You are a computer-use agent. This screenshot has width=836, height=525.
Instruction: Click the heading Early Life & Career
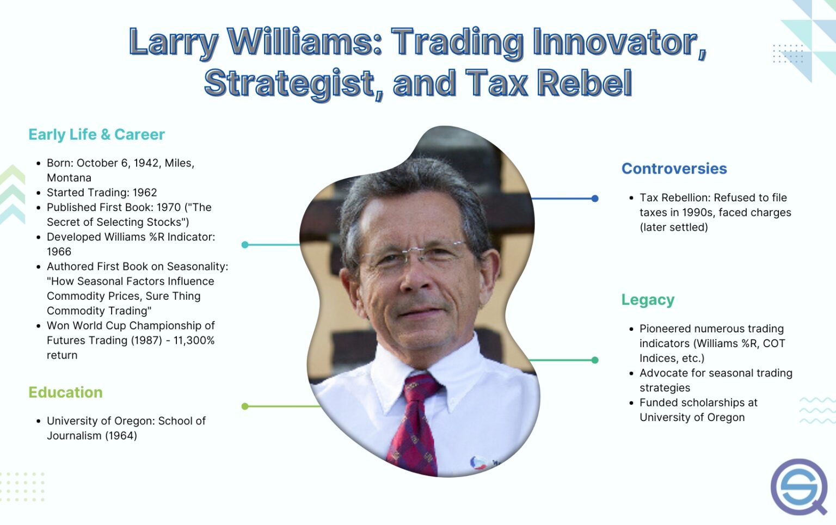pos(96,134)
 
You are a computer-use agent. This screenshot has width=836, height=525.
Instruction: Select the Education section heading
pos(65,392)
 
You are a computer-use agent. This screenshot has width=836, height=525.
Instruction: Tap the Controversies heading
pos(674,169)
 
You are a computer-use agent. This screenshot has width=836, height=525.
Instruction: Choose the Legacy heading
pos(648,300)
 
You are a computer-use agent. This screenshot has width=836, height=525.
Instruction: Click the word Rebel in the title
pos(585,83)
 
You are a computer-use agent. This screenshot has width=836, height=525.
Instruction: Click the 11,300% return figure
pos(194,341)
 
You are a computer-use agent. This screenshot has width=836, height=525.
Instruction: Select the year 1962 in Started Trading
pos(145,193)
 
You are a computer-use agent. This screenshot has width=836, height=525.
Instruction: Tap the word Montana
pos(69,178)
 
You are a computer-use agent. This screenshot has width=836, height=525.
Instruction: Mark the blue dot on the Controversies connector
pos(595,199)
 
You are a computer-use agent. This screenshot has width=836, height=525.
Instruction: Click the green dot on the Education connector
pos(245,406)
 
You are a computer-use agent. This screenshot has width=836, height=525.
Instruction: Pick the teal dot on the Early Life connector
pos(245,245)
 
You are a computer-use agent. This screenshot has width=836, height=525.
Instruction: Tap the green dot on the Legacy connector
pos(595,360)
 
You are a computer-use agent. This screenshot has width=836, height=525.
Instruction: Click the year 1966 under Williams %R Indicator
pos(59,252)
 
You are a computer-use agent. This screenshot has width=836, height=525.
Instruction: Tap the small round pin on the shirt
pos(478,463)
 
